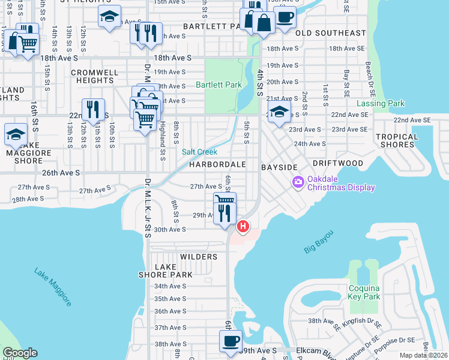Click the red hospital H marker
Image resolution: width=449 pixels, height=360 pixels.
point(243,226)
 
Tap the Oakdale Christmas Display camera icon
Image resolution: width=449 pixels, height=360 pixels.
point(298,181)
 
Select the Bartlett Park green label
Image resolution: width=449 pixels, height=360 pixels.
point(218,85)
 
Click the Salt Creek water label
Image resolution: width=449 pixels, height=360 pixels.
point(200,152)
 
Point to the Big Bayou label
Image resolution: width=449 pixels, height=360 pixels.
point(318,241)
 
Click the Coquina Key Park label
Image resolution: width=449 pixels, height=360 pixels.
point(364,292)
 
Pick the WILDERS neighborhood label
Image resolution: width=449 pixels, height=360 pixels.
point(199,257)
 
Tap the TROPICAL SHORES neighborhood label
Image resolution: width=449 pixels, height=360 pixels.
point(397,140)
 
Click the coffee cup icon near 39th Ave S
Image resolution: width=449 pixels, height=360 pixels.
point(230,341)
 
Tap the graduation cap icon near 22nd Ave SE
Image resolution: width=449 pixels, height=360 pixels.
point(279,112)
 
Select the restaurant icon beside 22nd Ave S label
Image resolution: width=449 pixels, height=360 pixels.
point(92,110)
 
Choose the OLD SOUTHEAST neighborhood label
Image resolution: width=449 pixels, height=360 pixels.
point(330,33)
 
